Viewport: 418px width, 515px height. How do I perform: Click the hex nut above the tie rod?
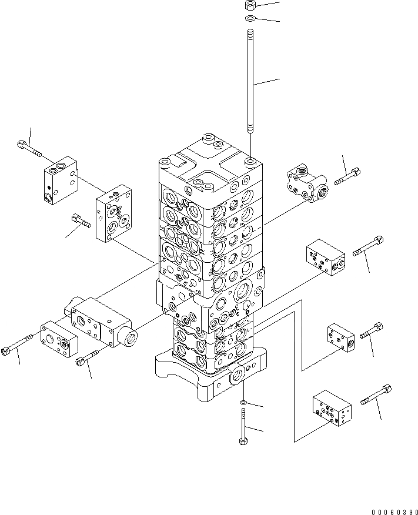pyautogui.click(x=249, y=6)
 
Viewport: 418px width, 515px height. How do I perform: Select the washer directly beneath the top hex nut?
pyautogui.click(x=249, y=19)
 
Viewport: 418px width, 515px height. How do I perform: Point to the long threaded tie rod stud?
pyautogui.click(x=250, y=88)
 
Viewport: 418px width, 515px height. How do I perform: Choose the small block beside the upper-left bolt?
pyautogui.click(x=60, y=179)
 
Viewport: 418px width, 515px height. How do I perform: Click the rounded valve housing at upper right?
pyautogui.click(x=306, y=184)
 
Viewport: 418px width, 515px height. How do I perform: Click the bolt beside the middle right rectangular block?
pyautogui.click(x=371, y=331)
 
